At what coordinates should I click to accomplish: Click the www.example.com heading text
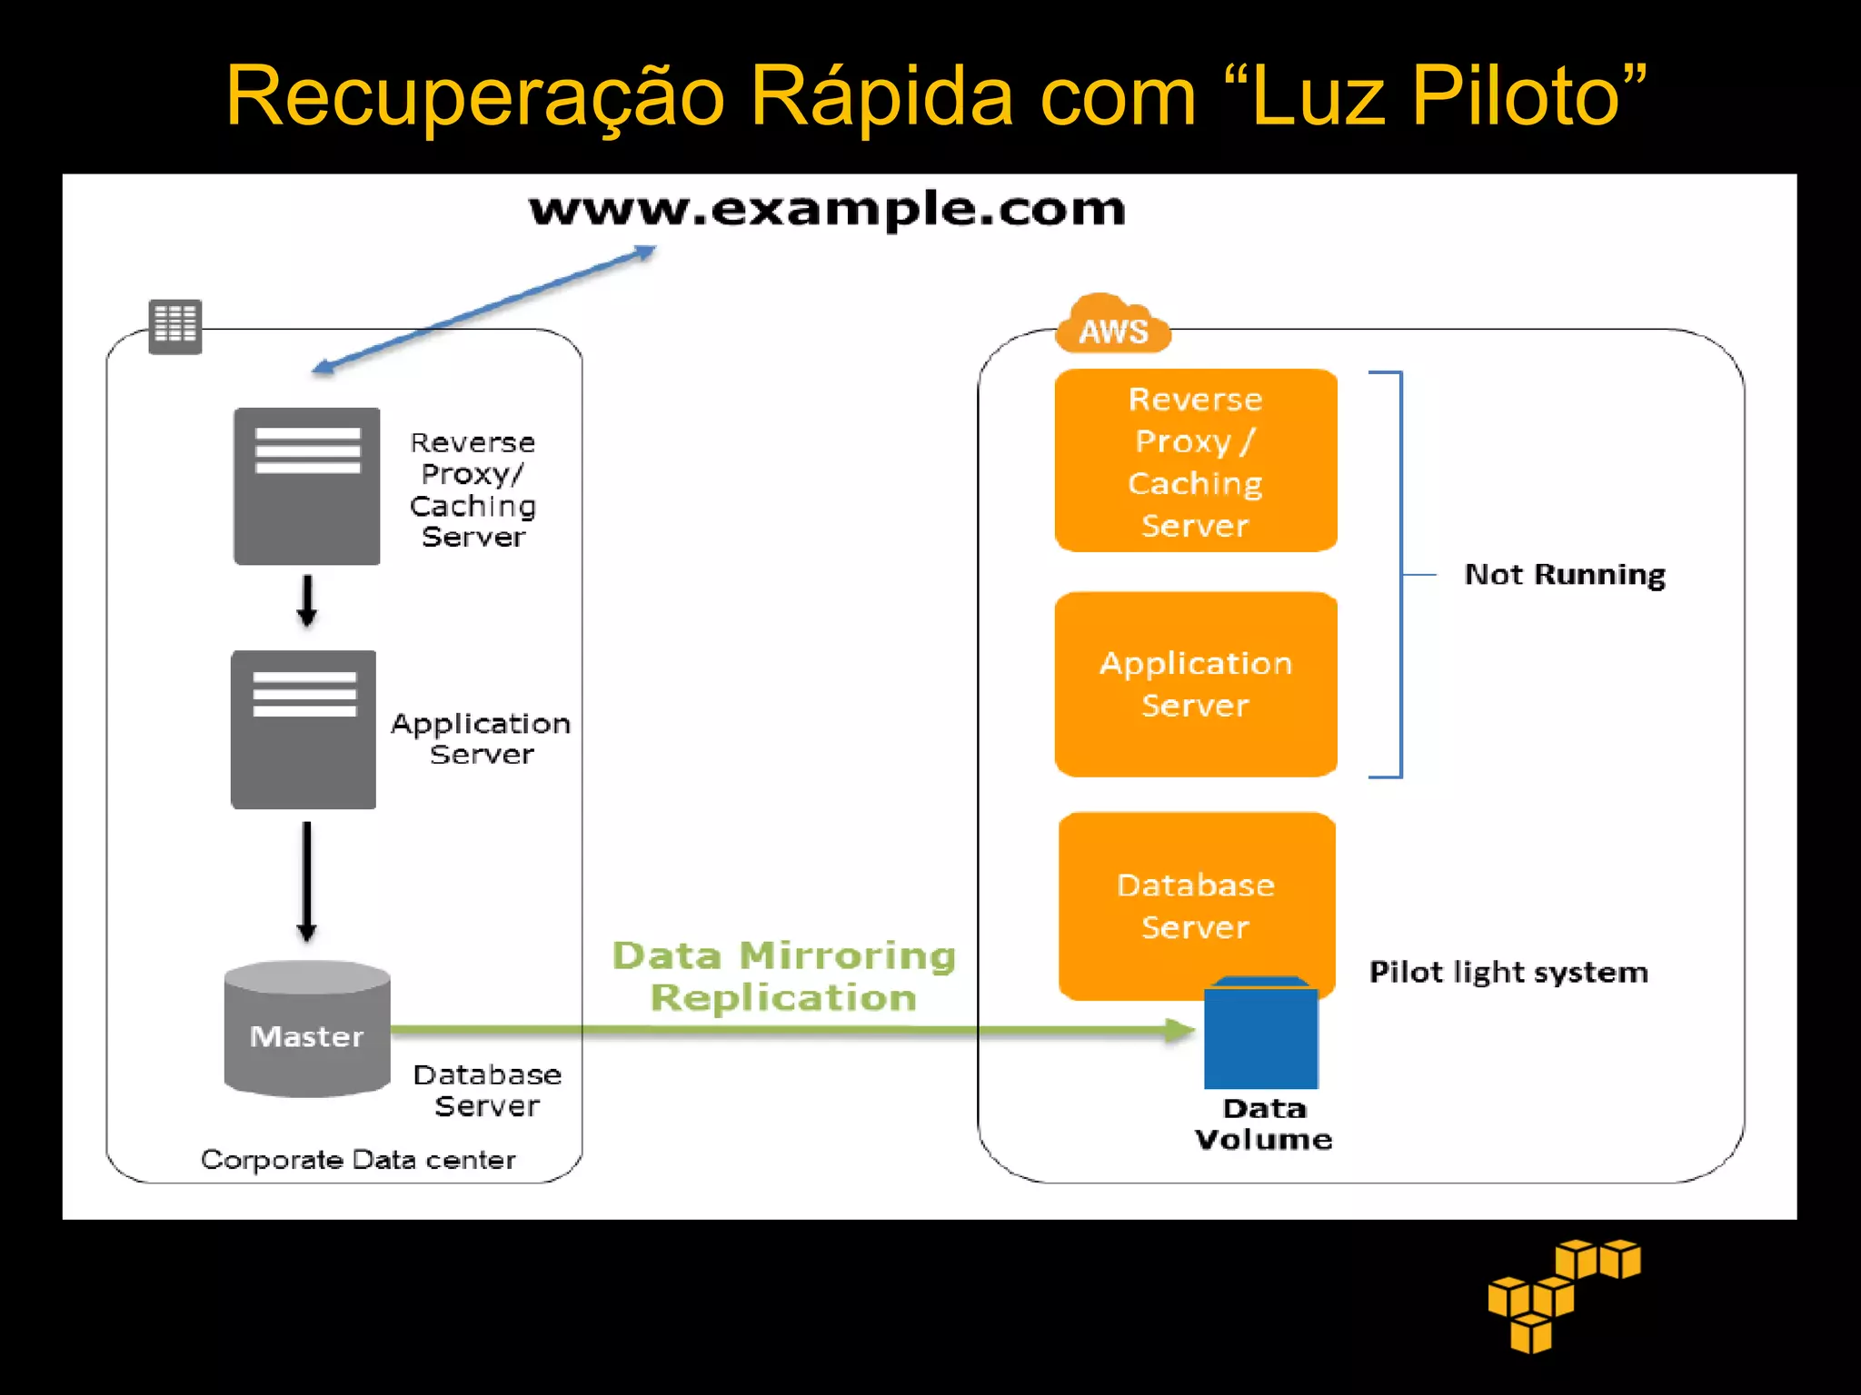pos(827,210)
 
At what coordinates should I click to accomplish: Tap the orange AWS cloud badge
pos(1112,326)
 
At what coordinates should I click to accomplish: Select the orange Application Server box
pos(1195,684)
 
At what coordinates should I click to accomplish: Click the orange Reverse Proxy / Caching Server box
pos(1195,460)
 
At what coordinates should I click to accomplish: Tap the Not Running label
pos(1565,575)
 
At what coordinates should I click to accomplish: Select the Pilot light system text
pos(1508,973)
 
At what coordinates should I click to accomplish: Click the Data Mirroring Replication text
pos(783,976)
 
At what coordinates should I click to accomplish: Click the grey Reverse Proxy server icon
pos(307,486)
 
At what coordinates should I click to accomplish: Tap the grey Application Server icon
pos(304,729)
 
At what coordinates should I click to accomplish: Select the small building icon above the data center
pos(175,326)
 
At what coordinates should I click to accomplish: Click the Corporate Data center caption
pos(358,1160)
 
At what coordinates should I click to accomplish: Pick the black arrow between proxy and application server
pos(307,600)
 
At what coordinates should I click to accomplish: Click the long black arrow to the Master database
pos(307,881)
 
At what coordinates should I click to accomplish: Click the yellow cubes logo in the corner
pos(1563,1294)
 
